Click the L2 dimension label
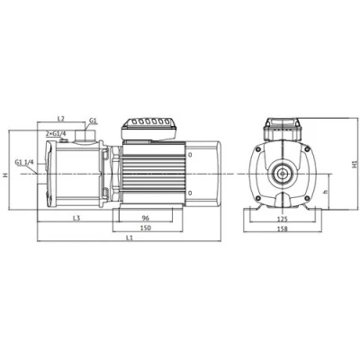point(60,119)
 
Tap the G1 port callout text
point(93,121)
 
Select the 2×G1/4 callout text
point(56,133)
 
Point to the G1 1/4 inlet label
point(25,162)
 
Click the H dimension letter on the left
point(5,175)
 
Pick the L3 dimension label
point(76,218)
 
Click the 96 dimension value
point(146,218)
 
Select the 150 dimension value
point(146,228)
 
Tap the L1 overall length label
point(130,238)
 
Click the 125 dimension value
point(283,219)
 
